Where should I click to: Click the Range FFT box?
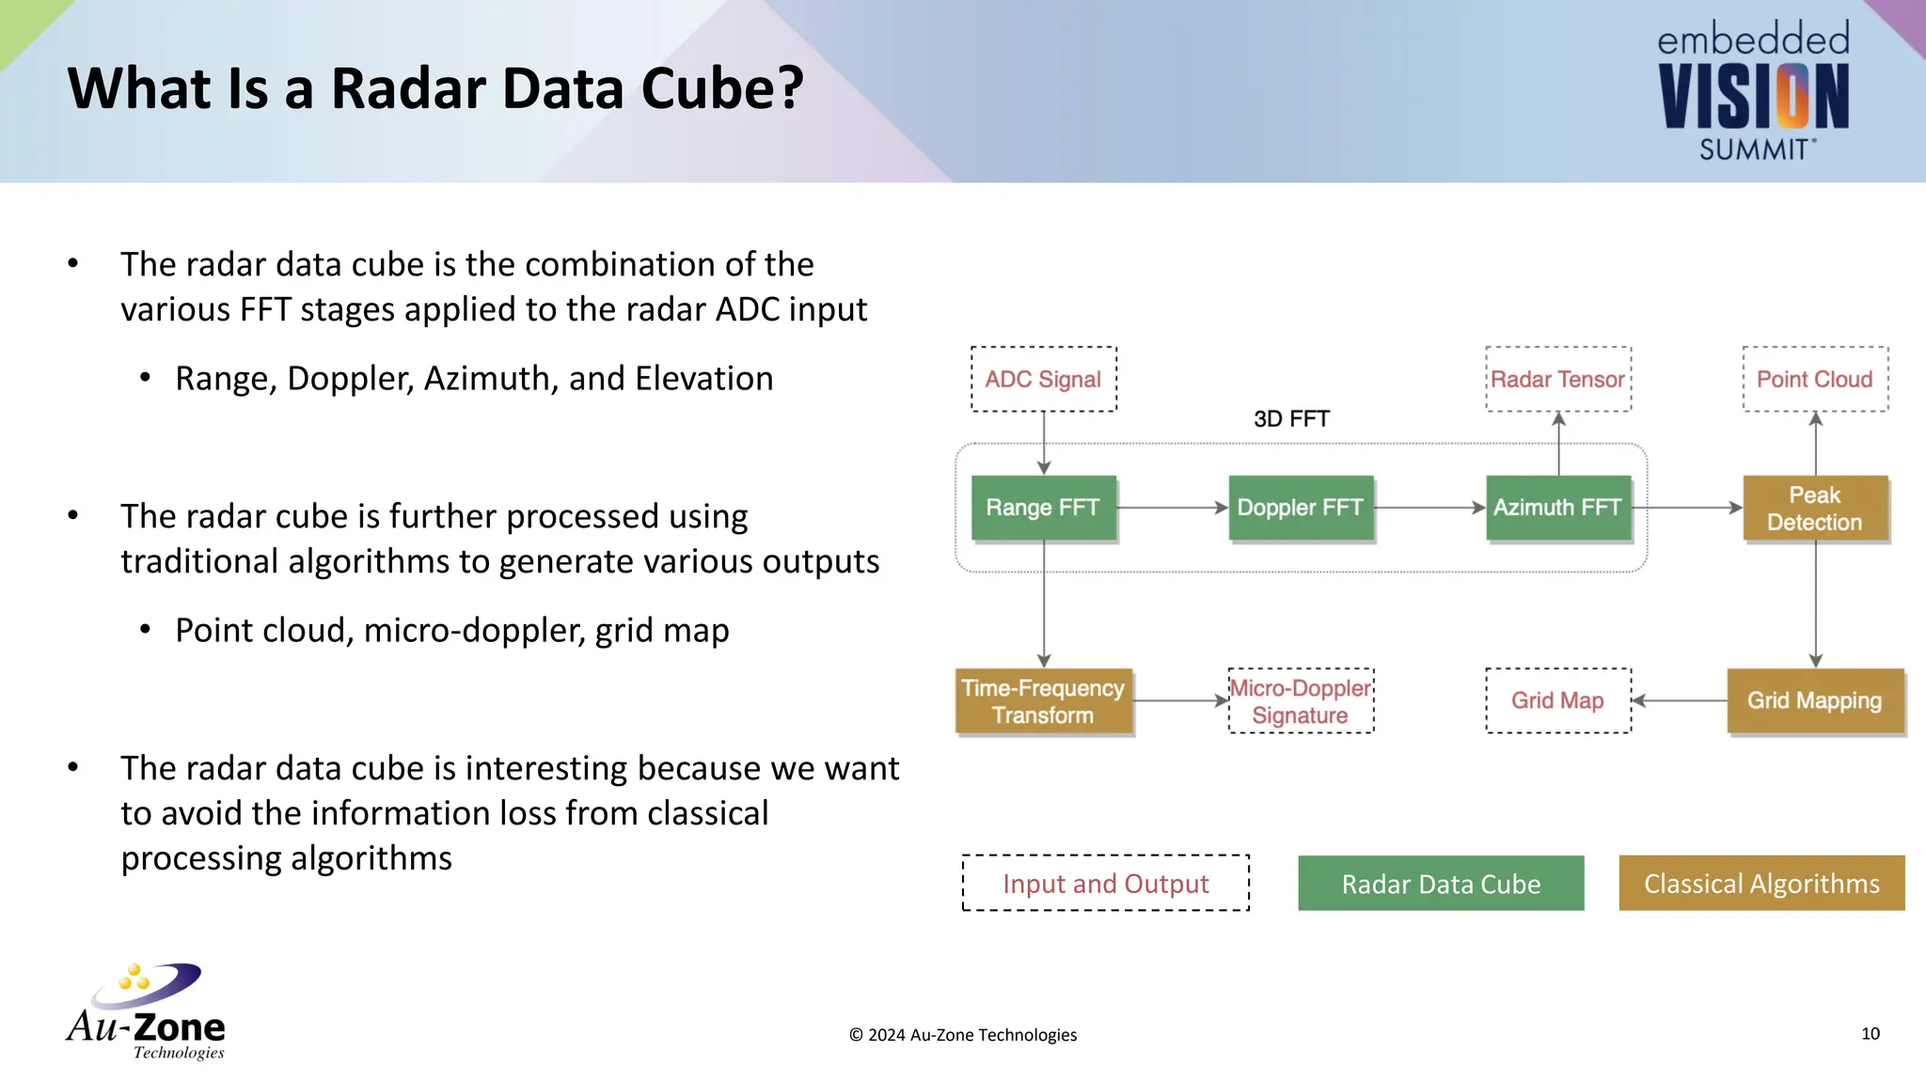point(1043,508)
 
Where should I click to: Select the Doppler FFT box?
point(1300,508)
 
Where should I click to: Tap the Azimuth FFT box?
point(1557,508)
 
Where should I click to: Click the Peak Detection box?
point(1814,509)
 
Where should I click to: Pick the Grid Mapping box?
point(1814,700)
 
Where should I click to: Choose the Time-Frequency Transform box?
point(1043,701)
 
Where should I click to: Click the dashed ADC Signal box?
point(1043,379)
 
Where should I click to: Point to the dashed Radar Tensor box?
point(1557,379)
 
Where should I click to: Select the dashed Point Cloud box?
point(1814,379)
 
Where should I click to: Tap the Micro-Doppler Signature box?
point(1301,701)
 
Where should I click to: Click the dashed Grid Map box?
point(1557,700)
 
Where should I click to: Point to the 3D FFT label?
point(1291,419)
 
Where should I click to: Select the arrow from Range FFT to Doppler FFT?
point(1172,508)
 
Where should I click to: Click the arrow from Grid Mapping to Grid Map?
point(1680,700)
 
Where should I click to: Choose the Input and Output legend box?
point(1105,884)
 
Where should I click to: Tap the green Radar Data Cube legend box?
point(1441,884)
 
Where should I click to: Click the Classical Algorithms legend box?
point(1761,884)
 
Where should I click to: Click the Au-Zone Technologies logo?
point(146,1012)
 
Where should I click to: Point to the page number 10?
point(1870,1033)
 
